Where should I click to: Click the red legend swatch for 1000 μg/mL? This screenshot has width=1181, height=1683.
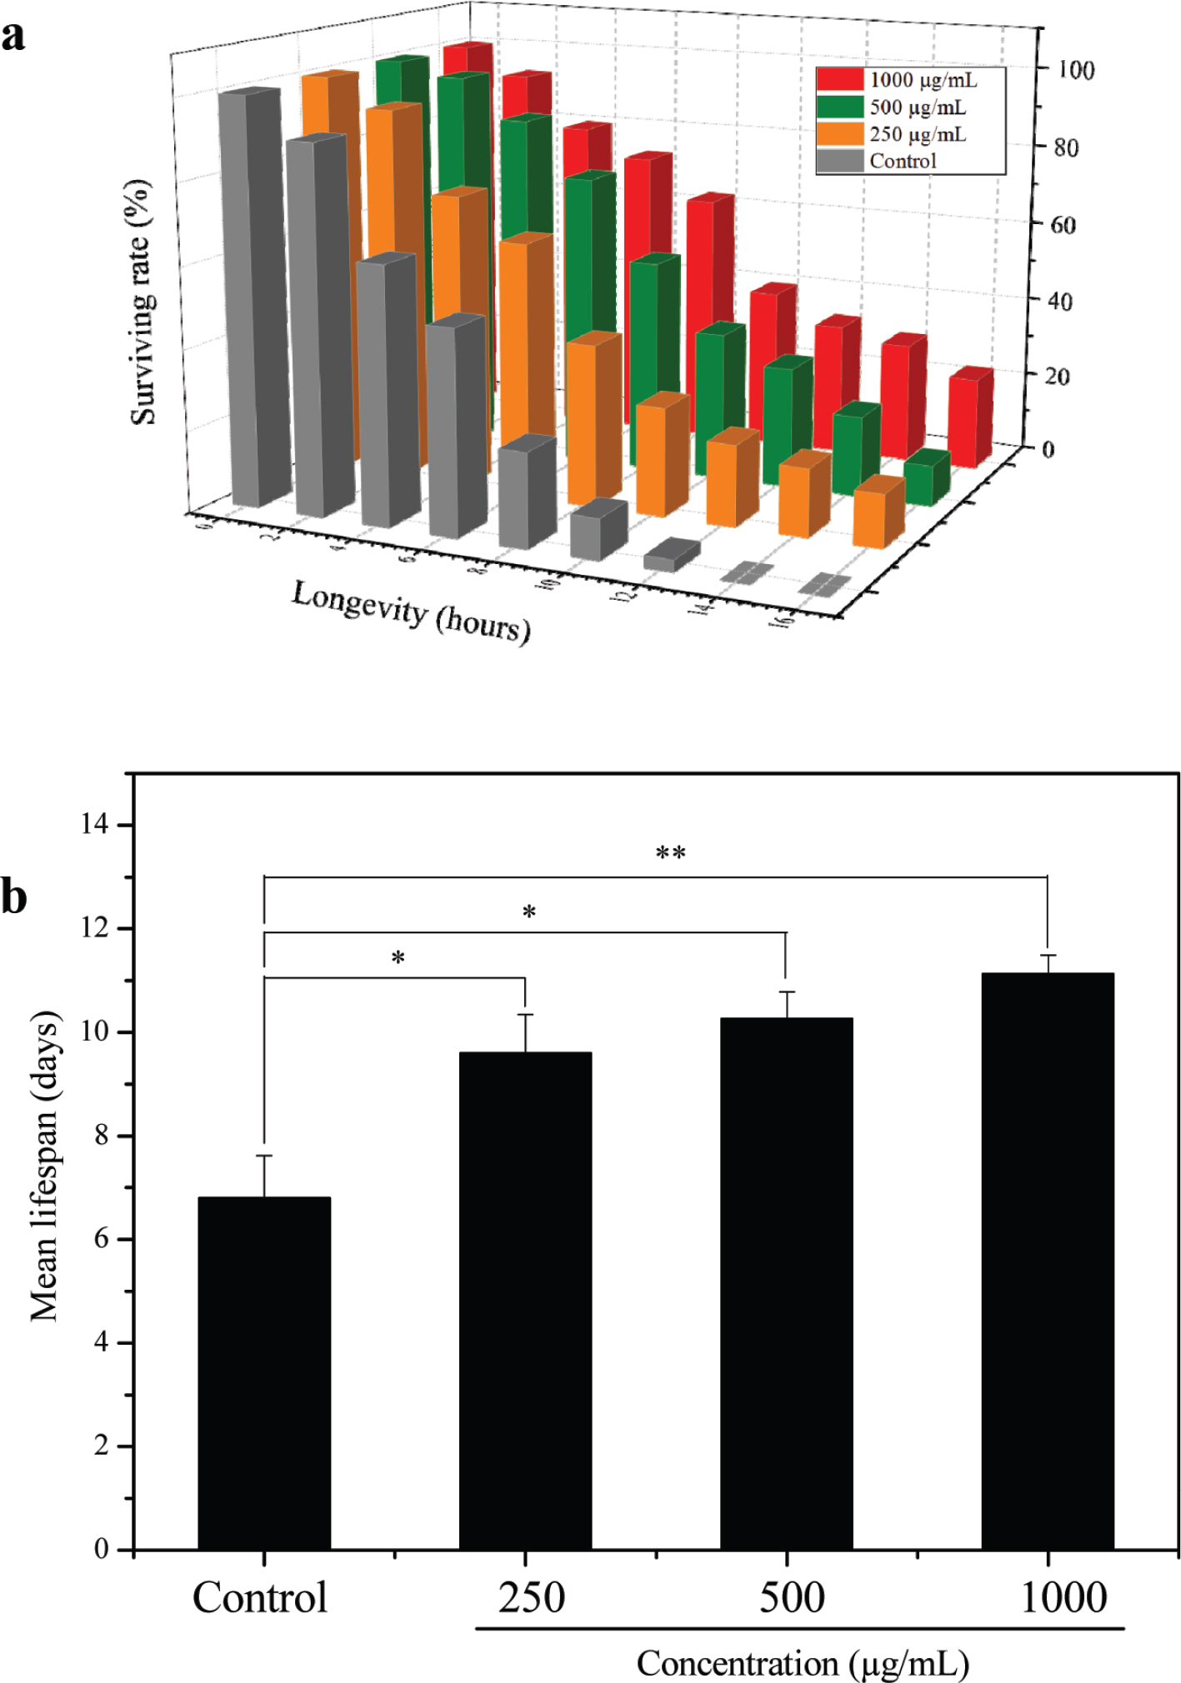click(x=839, y=80)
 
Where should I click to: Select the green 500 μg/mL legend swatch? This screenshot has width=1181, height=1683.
click(x=839, y=107)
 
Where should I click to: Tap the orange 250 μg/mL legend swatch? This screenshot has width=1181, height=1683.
click(x=839, y=134)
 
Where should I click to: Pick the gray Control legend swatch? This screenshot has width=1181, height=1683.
click(x=839, y=161)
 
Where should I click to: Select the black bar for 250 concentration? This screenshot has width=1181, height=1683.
click(x=525, y=1300)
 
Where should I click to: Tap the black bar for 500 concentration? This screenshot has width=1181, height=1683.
click(x=786, y=1283)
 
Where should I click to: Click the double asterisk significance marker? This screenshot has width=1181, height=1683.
click(x=670, y=854)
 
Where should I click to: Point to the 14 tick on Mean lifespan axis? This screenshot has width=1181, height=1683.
click(x=96, y=825)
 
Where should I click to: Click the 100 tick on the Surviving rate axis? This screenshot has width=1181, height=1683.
click(x=1075, y=70)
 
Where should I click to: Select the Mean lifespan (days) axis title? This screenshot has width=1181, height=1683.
click(x=45, y=1166)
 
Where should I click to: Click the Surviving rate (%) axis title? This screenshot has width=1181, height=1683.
click(x=143, y=302)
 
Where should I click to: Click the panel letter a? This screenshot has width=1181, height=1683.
click(x=13, y=37)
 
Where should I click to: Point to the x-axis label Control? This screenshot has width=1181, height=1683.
click(x=259, y=1598)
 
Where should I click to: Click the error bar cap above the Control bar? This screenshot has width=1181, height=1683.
click(x=264, y=1156)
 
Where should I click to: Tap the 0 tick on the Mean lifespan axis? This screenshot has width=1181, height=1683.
click(x=102, y=1549)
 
